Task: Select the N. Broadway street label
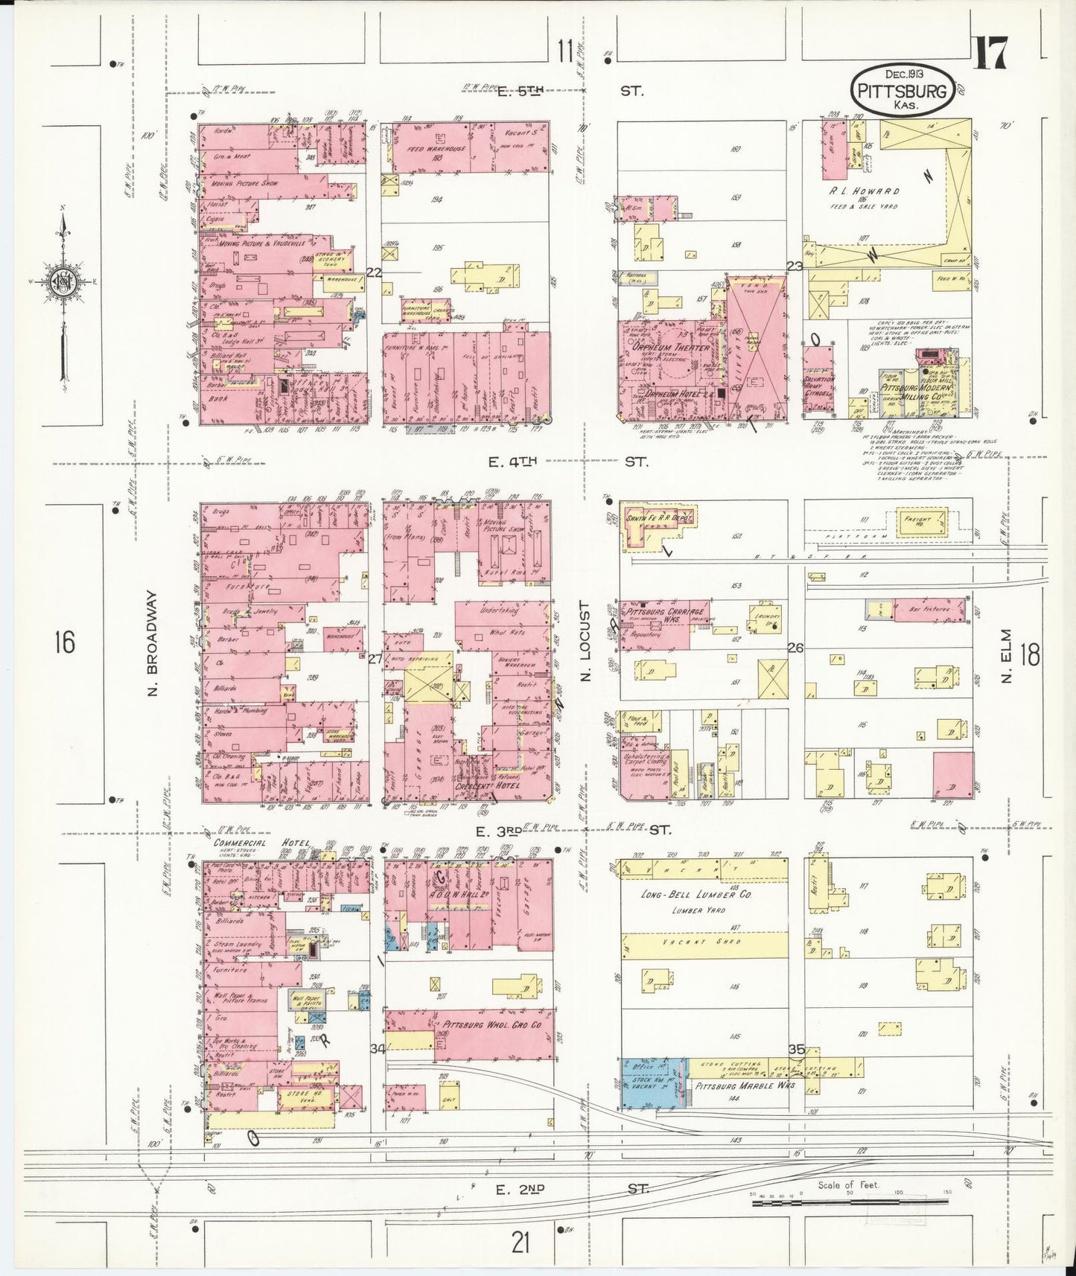tap(153, 644)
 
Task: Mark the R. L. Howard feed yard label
tap(864, 191)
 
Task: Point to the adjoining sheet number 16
tap(65, 641)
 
